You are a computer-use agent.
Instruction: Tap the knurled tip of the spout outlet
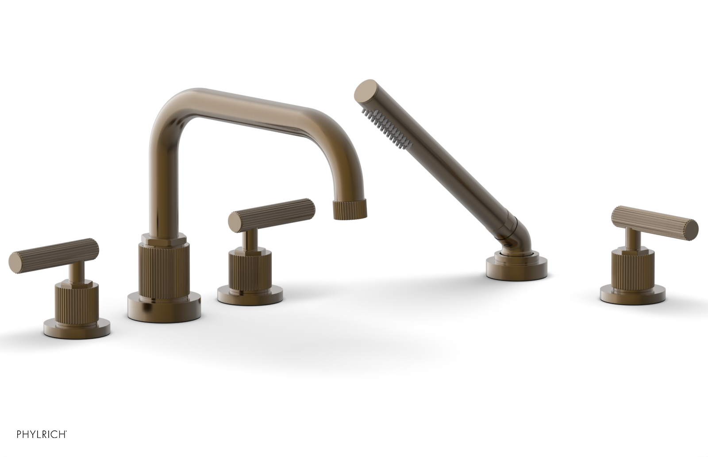[x=349, y=209]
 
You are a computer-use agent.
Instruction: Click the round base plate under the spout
[x=164, y=306]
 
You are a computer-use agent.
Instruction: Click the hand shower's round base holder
[x=516, y=266]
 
